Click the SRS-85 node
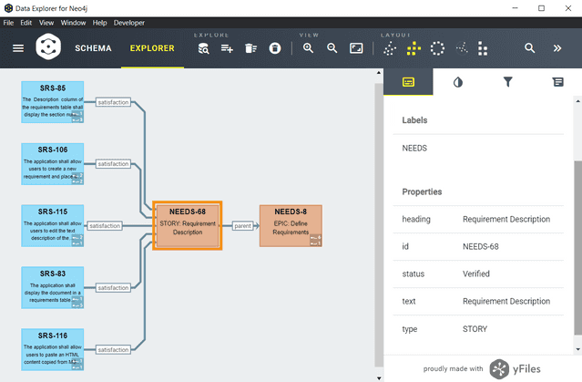point(53,101)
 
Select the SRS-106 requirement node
point(53,163)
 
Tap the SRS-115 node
point(53,225)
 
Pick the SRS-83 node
point(53,287)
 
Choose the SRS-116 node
point(53,349)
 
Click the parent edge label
point(241,225)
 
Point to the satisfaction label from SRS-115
point(105,225)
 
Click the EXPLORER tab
point(151,47)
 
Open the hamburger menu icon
point(18,47)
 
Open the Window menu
point(74,21)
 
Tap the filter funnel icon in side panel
point(508,82)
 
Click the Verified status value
point(475,274)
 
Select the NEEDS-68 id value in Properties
point(480,246)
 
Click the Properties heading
point(422,191)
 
